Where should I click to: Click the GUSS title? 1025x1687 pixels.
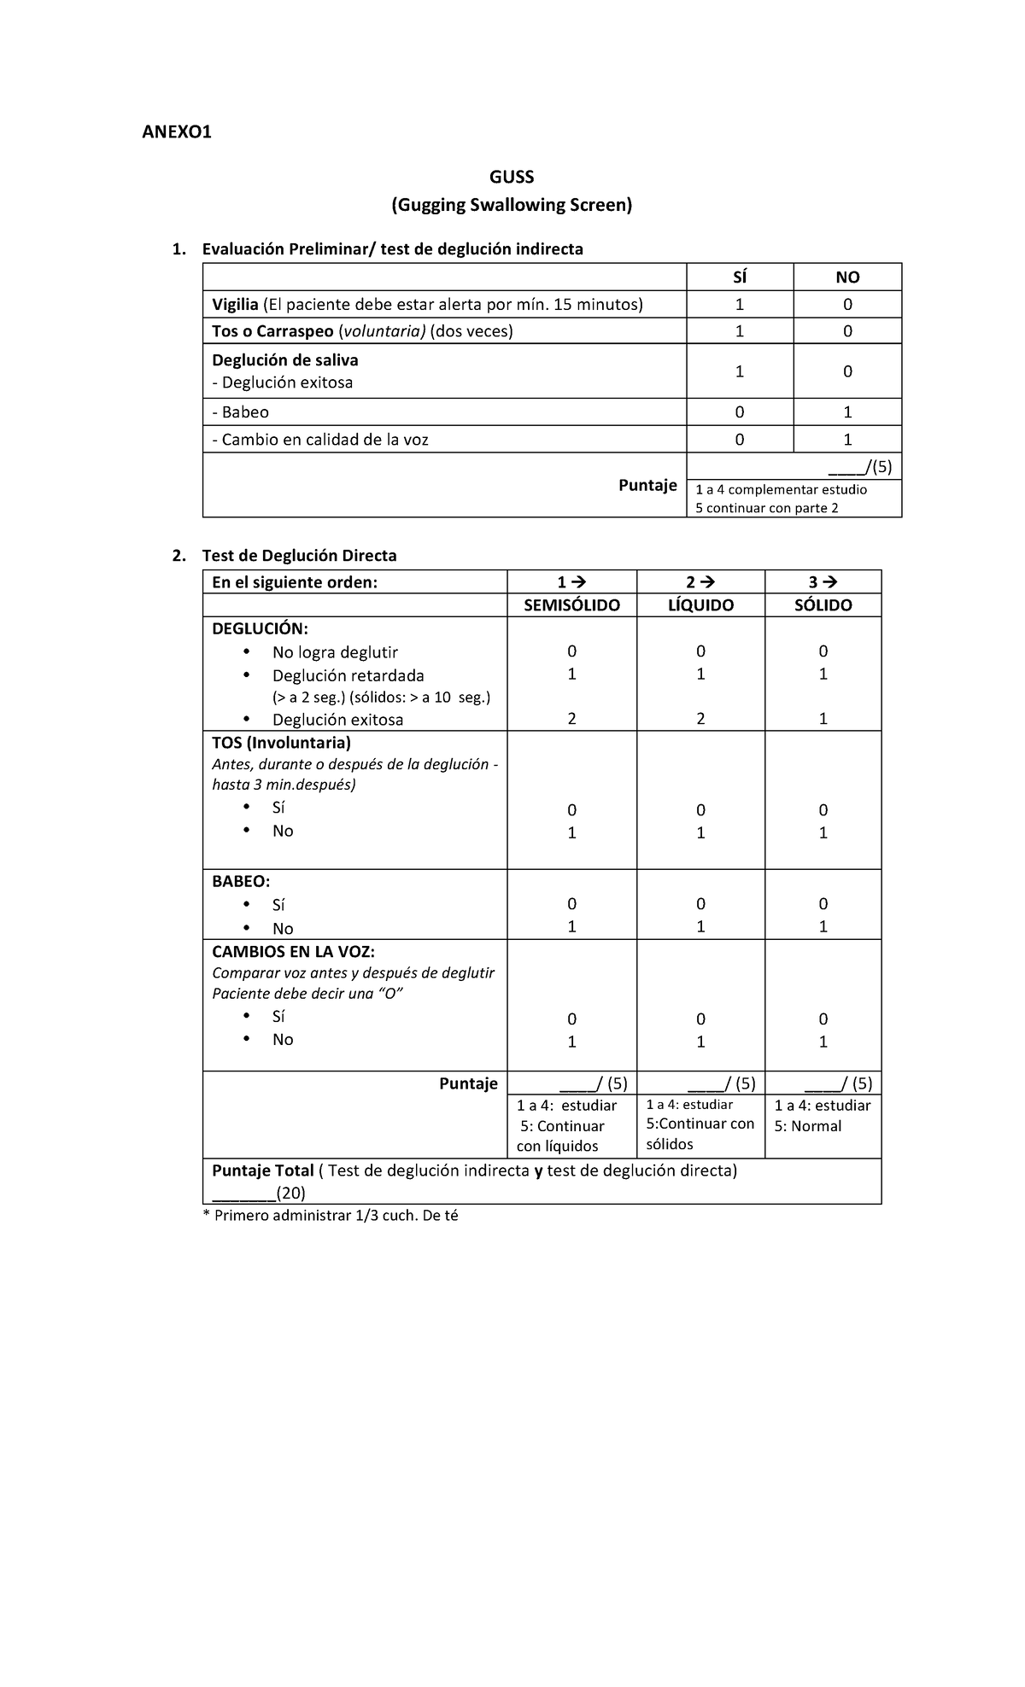512,177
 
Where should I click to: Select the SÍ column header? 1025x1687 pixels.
740,277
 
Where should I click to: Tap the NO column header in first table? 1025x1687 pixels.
847,277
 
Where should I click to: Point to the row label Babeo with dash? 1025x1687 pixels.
240,412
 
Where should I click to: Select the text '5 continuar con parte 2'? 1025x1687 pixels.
767,508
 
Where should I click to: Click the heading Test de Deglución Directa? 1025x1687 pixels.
299,556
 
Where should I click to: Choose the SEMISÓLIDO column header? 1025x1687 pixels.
571,605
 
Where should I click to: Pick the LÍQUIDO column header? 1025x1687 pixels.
700,605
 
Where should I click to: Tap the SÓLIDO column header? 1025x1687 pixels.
823,605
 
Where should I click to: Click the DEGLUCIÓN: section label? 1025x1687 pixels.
260,629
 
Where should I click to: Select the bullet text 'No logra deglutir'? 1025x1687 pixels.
335,652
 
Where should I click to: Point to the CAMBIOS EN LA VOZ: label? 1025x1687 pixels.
293,952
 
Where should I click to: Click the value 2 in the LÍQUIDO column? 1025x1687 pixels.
700,719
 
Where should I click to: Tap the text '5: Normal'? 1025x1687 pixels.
807,1126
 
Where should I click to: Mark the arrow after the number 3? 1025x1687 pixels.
830,582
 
